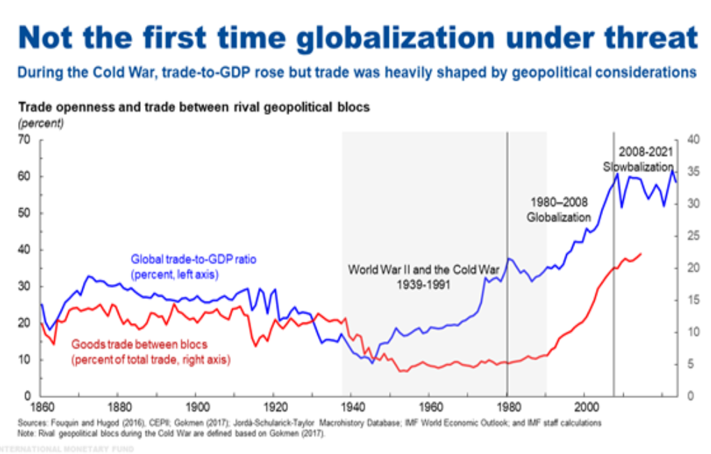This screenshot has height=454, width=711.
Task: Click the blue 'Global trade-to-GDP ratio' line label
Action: [193, 259]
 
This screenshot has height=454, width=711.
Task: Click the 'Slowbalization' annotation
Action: [638, 167]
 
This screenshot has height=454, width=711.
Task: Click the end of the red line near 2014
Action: [641, 254]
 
